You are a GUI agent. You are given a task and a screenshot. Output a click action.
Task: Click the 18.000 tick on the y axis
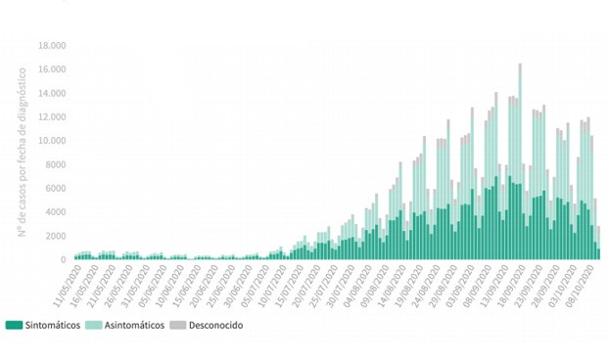coord(52,46)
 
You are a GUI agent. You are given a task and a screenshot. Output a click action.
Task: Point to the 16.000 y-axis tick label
coord(52,69)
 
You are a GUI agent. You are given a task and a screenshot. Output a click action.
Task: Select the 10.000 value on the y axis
coord(52,141)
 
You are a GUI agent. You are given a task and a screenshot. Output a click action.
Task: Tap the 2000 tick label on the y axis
coord(55,236)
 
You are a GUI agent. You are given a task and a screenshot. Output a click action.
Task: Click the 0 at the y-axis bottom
coord(63,260)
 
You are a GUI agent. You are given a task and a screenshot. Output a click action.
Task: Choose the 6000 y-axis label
coord(55,189)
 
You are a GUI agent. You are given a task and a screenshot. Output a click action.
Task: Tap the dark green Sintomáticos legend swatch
coord(14,325)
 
